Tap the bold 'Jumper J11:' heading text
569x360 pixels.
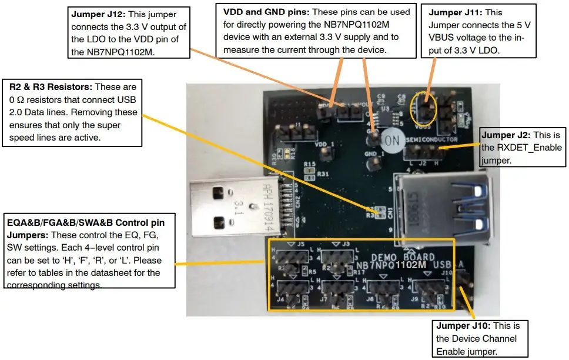click(x=454, y=12)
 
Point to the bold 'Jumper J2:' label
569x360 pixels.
click(x=503, y=135)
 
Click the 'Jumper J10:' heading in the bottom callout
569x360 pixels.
click(x=461, y=326)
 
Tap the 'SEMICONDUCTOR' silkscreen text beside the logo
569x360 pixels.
click(x=431, y=139)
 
